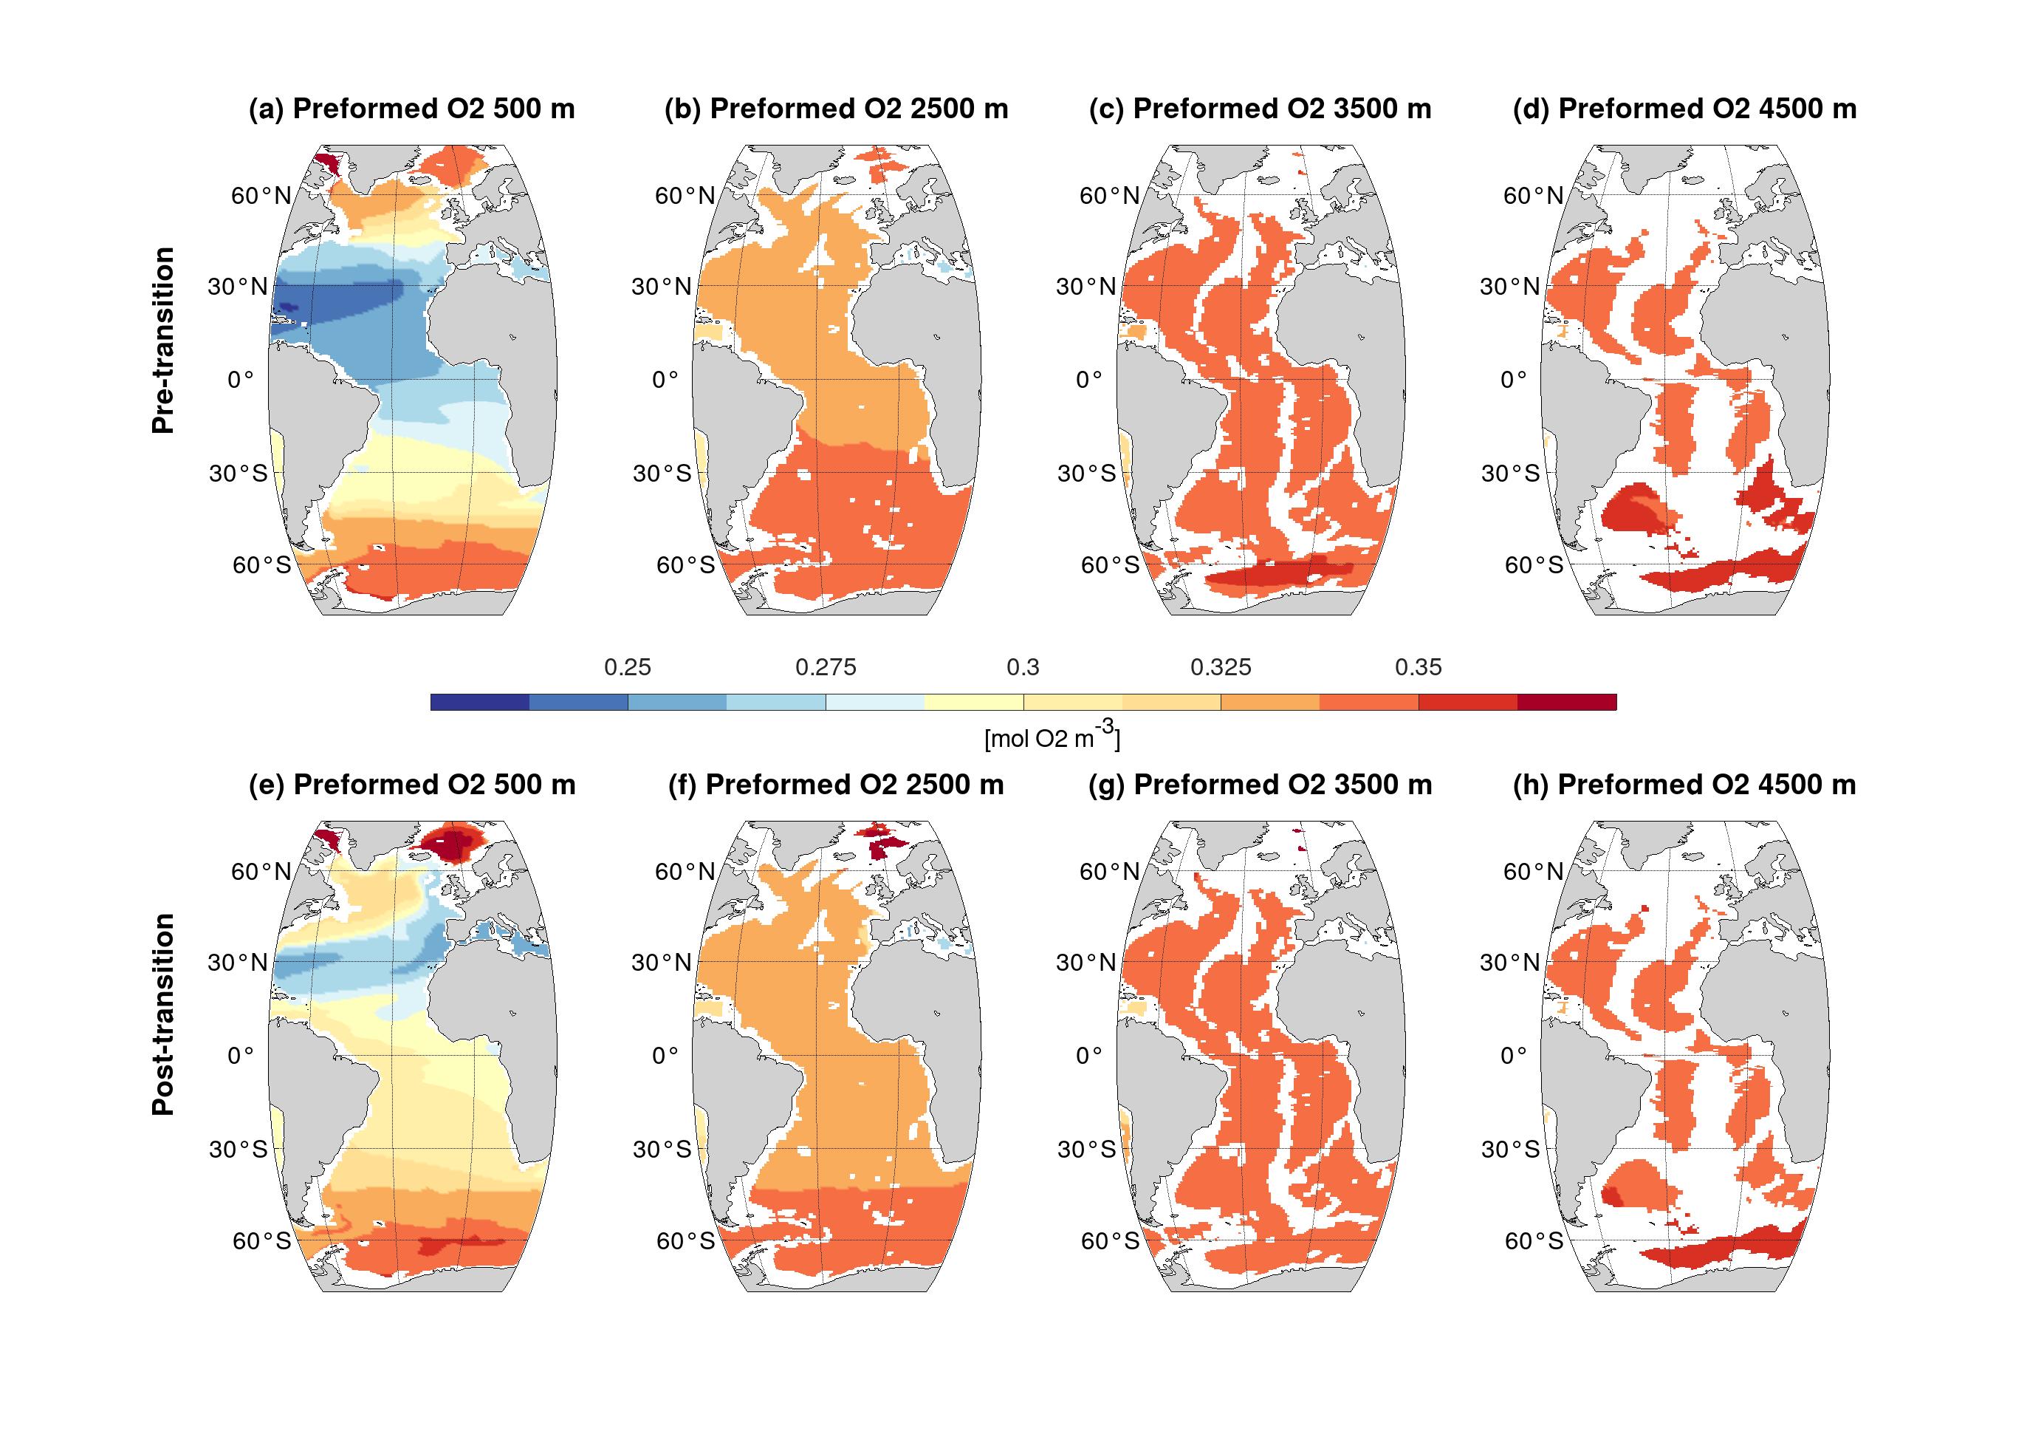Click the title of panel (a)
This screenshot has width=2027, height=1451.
point(411,109)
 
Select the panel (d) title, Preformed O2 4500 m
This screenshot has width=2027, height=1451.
point(1684,109)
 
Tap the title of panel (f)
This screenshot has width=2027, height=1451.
point(836,785)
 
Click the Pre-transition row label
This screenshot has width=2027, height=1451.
point(163,341)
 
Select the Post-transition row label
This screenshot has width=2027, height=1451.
point(163,1014)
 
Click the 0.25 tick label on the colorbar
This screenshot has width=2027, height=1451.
point(628,667)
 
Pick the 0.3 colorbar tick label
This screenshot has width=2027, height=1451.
point(1023,667)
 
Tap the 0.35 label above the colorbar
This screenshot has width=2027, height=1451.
point(1418,667)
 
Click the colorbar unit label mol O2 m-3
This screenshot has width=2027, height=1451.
point(1052,738)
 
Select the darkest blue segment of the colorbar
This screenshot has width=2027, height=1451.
point(479,703)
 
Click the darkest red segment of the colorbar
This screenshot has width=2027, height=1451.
point(1566,703)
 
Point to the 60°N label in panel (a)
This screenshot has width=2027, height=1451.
point(261,196)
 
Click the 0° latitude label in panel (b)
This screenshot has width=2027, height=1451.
point(665,380)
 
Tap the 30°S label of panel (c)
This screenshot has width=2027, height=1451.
point(1085,474)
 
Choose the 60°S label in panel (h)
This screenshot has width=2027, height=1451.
point(1533,1241)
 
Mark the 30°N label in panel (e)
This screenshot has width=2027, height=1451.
point(238,962)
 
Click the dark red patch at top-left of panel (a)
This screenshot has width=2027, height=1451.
point(329,163)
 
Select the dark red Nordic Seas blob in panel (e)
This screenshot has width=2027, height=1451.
point(453,842)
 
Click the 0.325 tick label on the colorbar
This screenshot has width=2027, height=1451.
point(1221,667)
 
